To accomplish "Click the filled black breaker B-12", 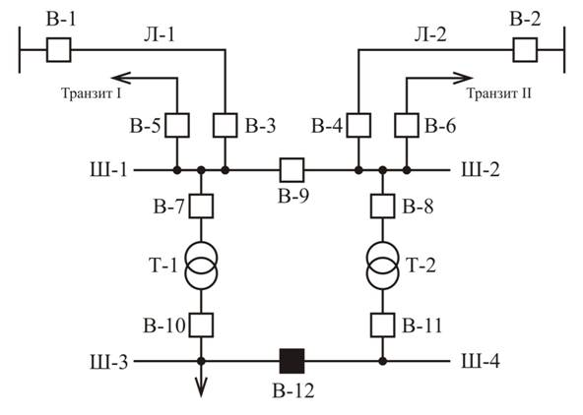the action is [x=291, y=361].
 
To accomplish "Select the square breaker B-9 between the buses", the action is [x=291, y=170].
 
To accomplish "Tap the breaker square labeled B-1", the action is [x=59, y=50].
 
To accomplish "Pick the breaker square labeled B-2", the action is [x=525, y=50].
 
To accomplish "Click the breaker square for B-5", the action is [x=177, y=125].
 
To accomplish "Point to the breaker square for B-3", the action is [x=225, y=125].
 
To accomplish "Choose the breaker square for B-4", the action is [x=358, y=125].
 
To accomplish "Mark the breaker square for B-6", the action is [x=407, y=125].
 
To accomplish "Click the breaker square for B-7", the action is [x=201, y=206].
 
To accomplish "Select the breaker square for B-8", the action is [x=382, y=206].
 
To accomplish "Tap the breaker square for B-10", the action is [x=201, y=326].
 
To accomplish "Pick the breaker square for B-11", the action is [x=382, y=326].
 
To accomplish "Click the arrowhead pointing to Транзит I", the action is [x=121, y=78].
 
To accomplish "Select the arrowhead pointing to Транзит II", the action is [x=463, y=78].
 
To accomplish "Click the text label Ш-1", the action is [x=108, y=170].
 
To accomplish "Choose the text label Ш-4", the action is [x=481, y=361].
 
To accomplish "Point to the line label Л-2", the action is [x=430, y=34].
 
